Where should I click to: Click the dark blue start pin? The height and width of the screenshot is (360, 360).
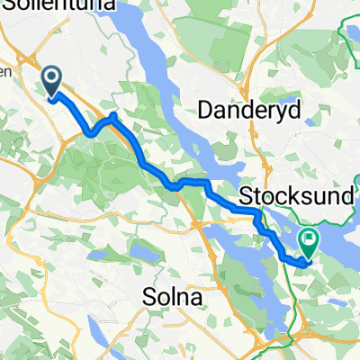pyautogui.click(x=53, y=82)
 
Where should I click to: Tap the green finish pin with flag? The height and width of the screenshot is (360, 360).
pyautogui.click(x=309, y=241)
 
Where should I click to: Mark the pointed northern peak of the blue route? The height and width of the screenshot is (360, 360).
pyautogui.click(x=112, y=116)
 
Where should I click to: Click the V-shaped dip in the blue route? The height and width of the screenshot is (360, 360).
pyautogui.click(x=91, y=135)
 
